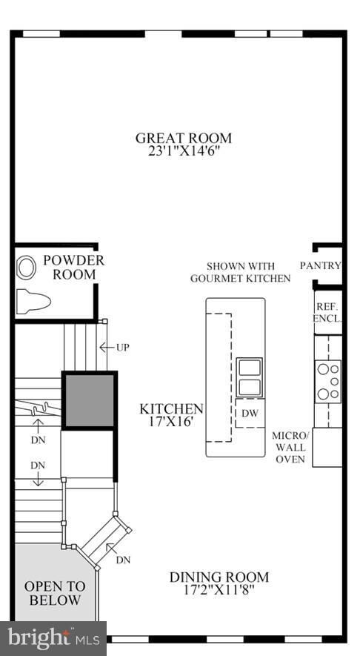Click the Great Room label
click(183, 138)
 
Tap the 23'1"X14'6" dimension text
click(183, 151)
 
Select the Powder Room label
click(73, 268)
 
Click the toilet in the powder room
click(33, 301)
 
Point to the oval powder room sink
click(27, 267)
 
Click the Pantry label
click(321, 266)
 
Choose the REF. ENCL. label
click(327, 312)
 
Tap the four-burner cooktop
click(327, 380)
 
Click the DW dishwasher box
click(250, 413)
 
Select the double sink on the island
click(249, 377)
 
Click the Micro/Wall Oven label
click(290, 447)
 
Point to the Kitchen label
click(172, 409)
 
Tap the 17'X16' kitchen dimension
click(172, 423)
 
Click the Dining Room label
click(219, 577)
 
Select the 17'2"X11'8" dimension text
click(219, 591)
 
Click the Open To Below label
click(55, 593)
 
